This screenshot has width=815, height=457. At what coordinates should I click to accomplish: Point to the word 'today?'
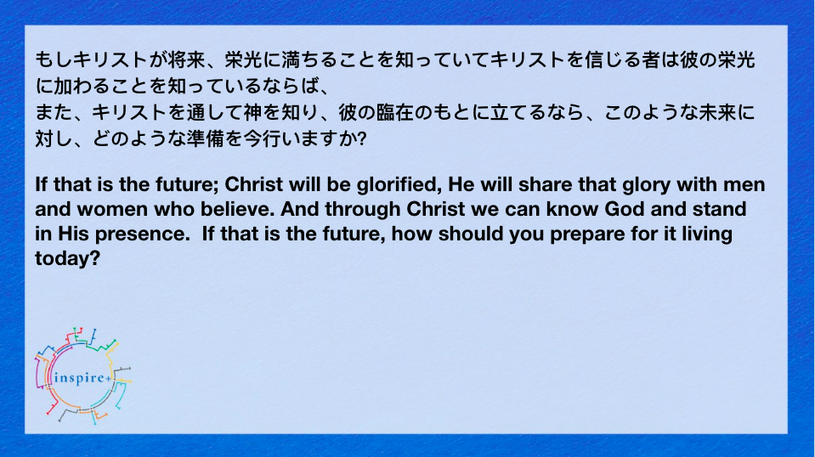pos(68,258)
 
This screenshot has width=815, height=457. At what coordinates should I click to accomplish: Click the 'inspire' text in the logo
pos(79,378)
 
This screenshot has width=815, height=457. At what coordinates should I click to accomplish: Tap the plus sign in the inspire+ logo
pos(108,379)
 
